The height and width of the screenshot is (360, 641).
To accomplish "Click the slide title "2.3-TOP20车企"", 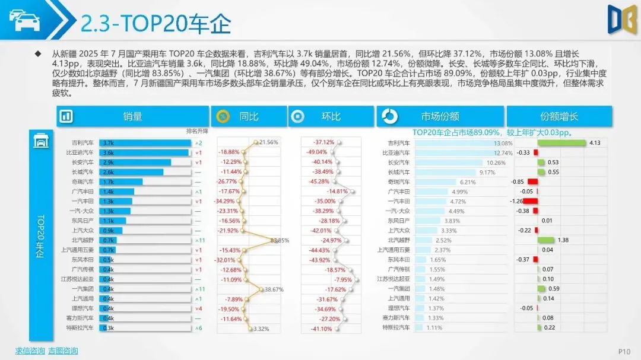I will click(x=155, y=24).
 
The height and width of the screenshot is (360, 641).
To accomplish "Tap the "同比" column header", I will click(x=248, y=116).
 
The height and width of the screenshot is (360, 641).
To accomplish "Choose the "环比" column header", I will click(x=331, y=116).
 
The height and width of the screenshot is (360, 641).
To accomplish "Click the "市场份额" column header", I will click(x=440, y=116).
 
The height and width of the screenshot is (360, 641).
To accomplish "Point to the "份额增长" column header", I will click(x=559, y=116).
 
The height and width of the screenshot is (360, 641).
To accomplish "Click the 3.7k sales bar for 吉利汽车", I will click(x=145, y=143).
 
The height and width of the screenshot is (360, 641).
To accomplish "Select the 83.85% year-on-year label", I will click(x=280, y=240).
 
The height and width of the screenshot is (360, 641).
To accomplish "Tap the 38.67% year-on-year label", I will click(x=274, y=289).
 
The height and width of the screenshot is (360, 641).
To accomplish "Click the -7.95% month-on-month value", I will click(x=343, y=279).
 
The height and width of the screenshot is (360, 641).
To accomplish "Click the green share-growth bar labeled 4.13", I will click(x=561, y=143).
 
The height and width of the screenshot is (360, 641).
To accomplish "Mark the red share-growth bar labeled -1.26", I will click(x=530, y=201).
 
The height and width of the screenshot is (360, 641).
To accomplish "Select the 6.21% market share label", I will click(x=468, y=182).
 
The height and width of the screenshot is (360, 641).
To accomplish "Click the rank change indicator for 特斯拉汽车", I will click(x=200, y=327).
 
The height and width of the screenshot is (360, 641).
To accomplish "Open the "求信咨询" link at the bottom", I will click(x=30, y=351).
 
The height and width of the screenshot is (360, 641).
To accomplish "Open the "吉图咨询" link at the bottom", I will click(x=63, y=351).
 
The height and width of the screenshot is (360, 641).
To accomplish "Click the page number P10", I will click(x=624, y=351).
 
